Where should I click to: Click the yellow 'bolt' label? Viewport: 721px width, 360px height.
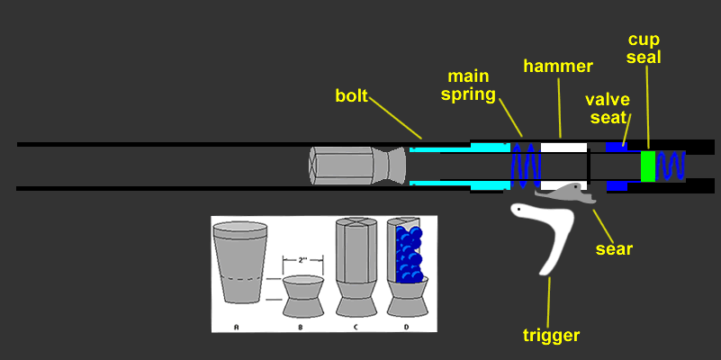click(351, 95)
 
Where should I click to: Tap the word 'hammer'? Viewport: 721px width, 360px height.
click(559, 67)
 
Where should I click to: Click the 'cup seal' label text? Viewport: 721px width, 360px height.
click(645, 49)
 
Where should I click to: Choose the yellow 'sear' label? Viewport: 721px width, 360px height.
click(614, 247)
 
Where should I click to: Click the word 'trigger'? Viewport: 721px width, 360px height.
click(551, 337)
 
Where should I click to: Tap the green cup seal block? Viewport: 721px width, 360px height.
click(647, 166)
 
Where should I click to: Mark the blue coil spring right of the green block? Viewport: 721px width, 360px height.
click(671, 166)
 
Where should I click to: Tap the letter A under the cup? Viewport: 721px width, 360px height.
click(236, 325)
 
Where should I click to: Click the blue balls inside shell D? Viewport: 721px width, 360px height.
click(410, 256)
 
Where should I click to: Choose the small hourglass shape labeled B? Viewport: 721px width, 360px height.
click(302, 295)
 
